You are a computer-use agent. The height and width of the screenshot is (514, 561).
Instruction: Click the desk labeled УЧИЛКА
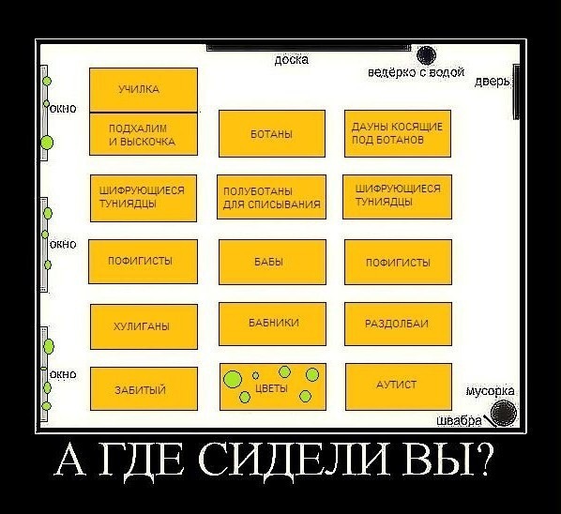click(x=144, y=90)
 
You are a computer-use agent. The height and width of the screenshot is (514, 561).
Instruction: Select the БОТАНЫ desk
click(x=272, y=133)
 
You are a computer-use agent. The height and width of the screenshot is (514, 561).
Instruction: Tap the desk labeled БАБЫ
click(x=272, y=262)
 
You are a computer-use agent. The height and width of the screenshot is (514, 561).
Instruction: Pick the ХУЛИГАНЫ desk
click(x=144, y=326)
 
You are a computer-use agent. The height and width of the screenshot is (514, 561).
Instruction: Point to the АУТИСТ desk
click(x=399, y=386)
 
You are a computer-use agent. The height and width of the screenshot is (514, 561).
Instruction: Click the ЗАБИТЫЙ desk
click(x=144, y=388)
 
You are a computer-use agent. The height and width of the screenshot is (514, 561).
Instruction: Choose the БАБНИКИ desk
click(x=272, y=324)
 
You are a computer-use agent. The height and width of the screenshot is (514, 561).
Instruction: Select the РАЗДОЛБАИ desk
click(x=398, y=324)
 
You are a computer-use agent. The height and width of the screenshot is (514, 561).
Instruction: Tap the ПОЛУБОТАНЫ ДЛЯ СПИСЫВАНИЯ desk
click(x=271, y=197)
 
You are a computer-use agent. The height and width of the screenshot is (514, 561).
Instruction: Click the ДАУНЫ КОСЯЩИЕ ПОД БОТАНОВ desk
click(x=398, y=133)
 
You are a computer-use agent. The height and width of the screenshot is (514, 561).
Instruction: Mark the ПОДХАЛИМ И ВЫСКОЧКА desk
click(x=144, y=134)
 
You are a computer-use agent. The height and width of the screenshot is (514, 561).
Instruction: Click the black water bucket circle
click(x=427, y=55)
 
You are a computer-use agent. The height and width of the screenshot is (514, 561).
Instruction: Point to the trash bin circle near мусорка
click(x=504, y=413)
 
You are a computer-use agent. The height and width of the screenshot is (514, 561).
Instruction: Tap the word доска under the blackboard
click(x=292, y=59)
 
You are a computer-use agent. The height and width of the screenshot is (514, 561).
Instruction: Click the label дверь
click(x=492, y=82)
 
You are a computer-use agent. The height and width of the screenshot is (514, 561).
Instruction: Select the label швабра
click(x=460, y=421)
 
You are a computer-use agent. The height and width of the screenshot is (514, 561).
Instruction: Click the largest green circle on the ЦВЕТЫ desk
click(x=233, y=380)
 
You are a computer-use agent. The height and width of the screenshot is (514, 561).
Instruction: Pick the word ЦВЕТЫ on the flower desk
click(x=271, y=388)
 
